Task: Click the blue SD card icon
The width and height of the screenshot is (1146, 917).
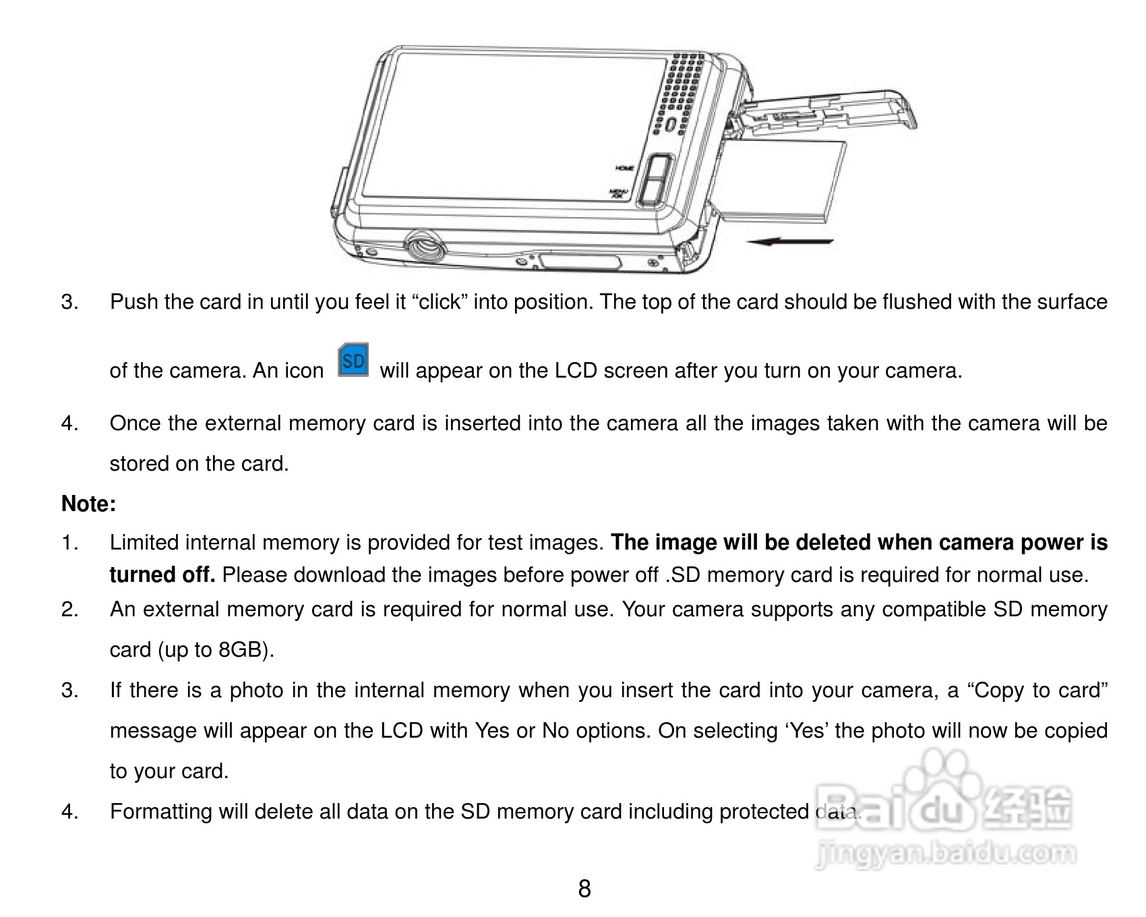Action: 353,361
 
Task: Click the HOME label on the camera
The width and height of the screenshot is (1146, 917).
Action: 624,167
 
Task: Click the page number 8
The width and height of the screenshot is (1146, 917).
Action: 584,889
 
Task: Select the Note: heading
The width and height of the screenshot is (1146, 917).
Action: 88,504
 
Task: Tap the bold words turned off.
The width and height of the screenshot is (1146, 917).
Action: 162,575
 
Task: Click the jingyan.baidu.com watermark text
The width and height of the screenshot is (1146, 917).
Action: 944,854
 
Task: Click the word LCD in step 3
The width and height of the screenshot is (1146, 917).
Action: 575,371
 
